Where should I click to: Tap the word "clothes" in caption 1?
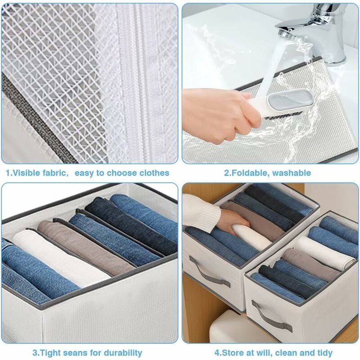click(x=154, y=173)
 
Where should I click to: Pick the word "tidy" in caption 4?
click(x=324, y=353)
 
